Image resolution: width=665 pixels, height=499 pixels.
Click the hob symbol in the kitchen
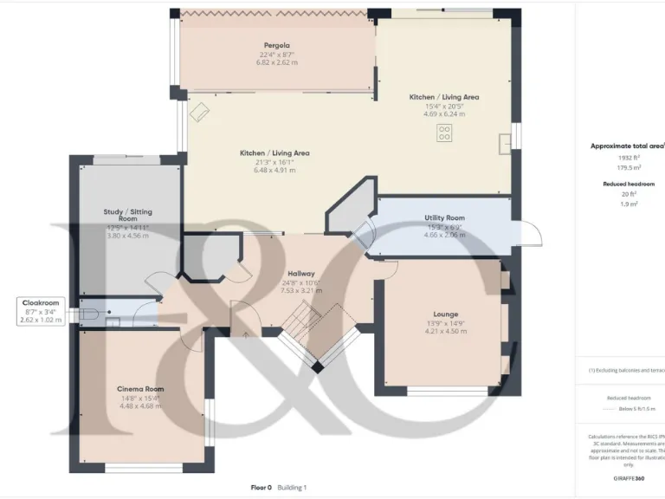pos(444,133)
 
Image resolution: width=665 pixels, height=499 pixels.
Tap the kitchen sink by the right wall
pos(503,139)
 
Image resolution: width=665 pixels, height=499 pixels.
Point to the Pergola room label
pos(276,44)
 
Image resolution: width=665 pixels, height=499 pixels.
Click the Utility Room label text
pos(444,217)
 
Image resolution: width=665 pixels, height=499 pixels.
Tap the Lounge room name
pos(445,314)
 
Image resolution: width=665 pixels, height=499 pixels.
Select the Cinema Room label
pos(140,389)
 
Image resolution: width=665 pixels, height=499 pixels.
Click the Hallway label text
pos(300,273)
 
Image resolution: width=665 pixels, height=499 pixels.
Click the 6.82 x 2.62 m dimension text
pos(276,62)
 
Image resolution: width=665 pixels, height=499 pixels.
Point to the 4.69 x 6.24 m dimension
pos(444,113)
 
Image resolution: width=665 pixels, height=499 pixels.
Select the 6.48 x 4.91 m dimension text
pos(274,170)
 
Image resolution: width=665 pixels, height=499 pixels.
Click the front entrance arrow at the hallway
pos(245,333)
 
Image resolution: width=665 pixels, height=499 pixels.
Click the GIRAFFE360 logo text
pos(628,478)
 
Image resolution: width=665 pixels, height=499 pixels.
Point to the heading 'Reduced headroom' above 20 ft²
pos(629,185)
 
